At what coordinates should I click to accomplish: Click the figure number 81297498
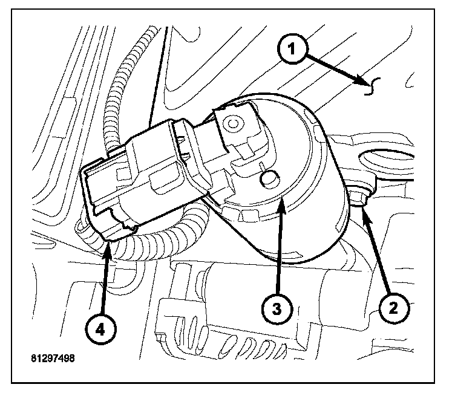click(x=53, y=357)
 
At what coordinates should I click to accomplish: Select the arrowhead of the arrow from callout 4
click(x=107, y=244)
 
